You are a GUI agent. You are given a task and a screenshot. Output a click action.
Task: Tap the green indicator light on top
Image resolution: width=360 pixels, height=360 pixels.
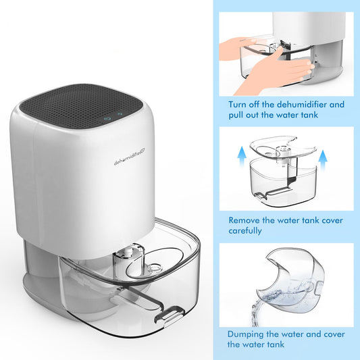click(x=120, y=113)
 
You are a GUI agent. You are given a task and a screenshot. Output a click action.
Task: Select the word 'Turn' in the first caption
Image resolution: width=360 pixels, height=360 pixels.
click(x=239, y=105)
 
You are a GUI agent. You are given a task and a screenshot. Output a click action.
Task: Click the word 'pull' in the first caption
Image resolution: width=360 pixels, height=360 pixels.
click(x=236, y=115)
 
